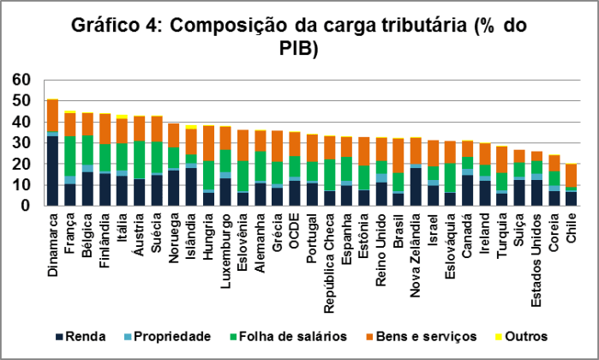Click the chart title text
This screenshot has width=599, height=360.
[x=298, y=37]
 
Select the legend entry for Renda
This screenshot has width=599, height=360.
[x=87, y=336]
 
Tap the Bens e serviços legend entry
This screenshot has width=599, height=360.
[x=412, y=336]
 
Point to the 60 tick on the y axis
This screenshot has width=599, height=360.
[x=21, y=80]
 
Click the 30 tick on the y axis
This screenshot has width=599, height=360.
[x=21, y=143]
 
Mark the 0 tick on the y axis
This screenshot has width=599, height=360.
[x=27, y=206]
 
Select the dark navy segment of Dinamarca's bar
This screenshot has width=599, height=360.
[x=52, y=171]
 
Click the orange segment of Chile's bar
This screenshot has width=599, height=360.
[x=572, y=176]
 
